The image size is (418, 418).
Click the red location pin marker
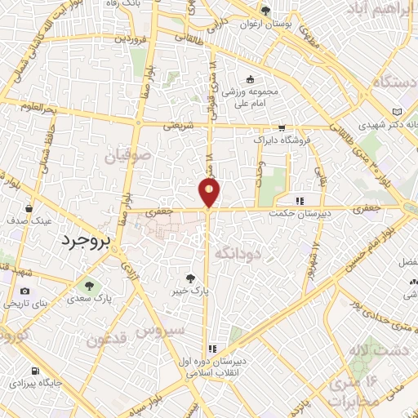click(x=210, y=193)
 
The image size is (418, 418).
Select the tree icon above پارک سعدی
click(x=89, y=286)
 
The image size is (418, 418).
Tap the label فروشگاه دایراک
click(x=282, y=140)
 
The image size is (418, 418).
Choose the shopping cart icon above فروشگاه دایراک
click(x=282, y=128)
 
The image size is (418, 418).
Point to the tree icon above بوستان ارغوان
click(x=265, y=10)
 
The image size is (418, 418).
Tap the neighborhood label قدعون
click(x=107, y=339)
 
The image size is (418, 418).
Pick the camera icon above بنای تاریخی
click(x=24, y=291)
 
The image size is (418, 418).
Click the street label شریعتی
click(x=177, y=126)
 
